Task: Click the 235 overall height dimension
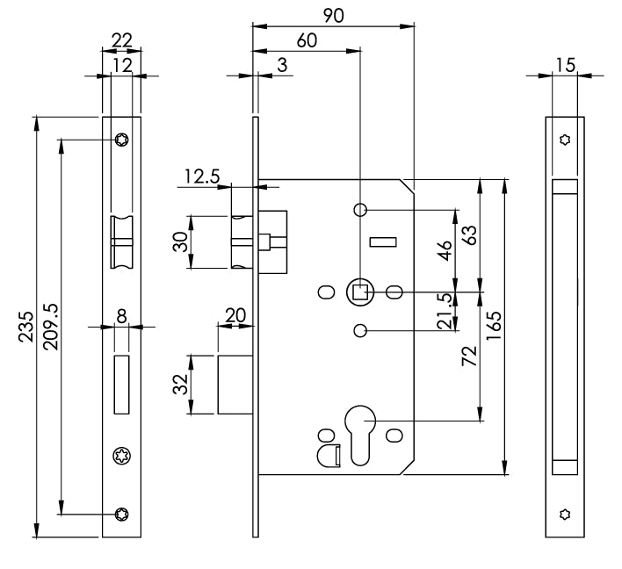click(27, 326)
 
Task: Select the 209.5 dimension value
click(50, 326)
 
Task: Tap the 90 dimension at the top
click(333, 16)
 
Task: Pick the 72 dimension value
click(469, 357)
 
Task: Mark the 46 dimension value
click(445, 251)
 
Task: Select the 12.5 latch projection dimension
click(201, 176)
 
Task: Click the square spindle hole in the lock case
click(359, 292)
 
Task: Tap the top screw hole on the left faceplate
click(121, 139)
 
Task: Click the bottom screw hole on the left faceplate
click(121, 515)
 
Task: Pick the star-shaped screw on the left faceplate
click(120, 454)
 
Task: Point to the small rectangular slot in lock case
click(384, 241)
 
